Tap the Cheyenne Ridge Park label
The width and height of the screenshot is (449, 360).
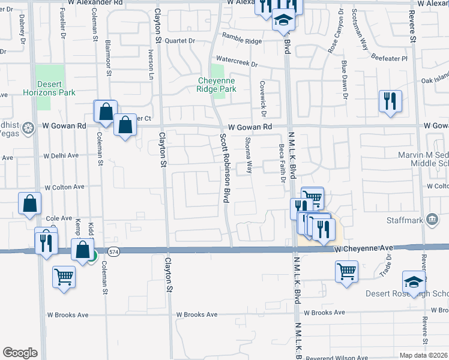[x=217, y=85]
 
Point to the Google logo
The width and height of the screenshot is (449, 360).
[x=20, y=353]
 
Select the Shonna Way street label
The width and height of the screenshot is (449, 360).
[x=247, y=155]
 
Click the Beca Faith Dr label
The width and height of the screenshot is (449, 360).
[x=282, y=165]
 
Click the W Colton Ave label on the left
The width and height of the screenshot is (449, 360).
[x=63, y=187]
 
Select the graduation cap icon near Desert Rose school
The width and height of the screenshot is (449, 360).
[x=414, y=282]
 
